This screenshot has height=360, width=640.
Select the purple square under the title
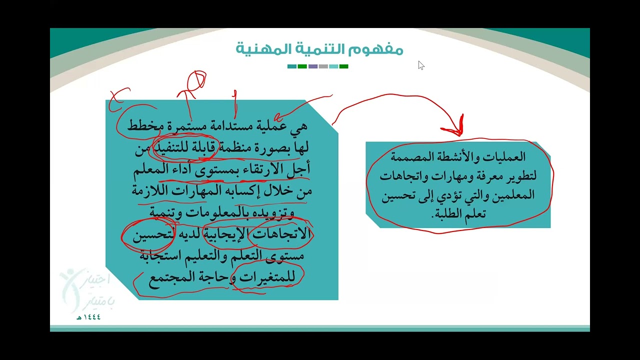click(313, 66)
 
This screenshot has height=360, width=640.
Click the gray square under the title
click(323, 66)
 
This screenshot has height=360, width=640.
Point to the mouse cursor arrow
click(421, 65)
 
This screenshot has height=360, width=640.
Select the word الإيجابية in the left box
click(228, 234)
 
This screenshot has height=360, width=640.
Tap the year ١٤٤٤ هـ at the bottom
click(89, 317)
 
